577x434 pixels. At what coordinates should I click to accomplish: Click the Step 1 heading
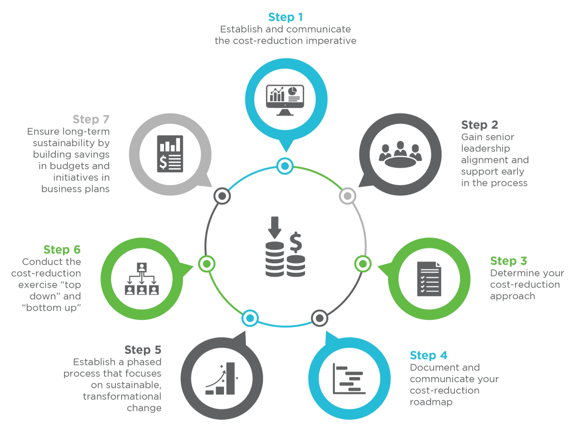(x=285, y=17)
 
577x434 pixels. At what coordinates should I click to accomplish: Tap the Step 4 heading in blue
(x=428, y=355)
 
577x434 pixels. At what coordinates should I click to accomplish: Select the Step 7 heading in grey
(x=91, y=119)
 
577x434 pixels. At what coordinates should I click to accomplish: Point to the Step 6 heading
(x=62, y=250)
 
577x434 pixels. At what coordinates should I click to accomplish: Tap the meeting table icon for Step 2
(x=400, y=155)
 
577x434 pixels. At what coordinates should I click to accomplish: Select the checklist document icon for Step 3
(x=429, y=279)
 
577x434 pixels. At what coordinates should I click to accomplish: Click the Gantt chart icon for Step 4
(x=349, y=379)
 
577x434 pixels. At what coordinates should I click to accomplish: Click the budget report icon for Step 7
(x=170, y=154)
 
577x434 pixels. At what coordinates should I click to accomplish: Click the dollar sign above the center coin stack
(x=296, y=242)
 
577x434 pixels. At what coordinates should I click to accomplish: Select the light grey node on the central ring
(x=347, y=196)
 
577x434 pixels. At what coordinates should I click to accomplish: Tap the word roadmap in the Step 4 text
(x=431, y=402)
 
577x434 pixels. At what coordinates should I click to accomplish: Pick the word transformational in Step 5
(x=122, y=396)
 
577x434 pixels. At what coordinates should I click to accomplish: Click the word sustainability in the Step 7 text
(x=64, y=143)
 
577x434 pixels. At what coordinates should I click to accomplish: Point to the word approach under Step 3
(x=512, y=296)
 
